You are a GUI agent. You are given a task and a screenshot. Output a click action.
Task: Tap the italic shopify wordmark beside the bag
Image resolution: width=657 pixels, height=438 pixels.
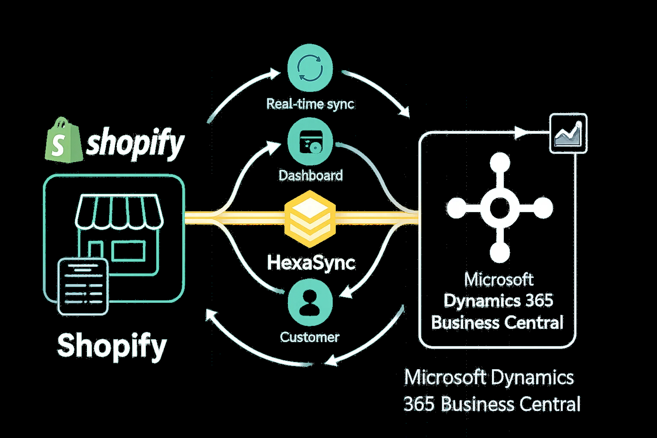tap(135, 143)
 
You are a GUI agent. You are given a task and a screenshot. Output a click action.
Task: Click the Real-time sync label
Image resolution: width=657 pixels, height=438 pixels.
tap(310, 104)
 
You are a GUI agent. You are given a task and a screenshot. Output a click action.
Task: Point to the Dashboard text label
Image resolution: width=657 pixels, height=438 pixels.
tap(311, 175)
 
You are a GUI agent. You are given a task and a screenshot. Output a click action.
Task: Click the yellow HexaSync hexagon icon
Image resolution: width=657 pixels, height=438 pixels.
tap(310, 219)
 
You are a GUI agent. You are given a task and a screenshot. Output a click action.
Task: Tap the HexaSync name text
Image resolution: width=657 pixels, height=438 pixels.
tap(311, 262)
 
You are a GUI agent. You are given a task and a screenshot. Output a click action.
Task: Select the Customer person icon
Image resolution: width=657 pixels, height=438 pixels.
tap(310, 300)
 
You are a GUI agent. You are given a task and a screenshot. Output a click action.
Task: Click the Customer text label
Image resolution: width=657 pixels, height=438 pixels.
tap(310, 337)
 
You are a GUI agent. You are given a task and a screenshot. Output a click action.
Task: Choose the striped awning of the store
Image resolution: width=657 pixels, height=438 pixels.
tap(119, 212)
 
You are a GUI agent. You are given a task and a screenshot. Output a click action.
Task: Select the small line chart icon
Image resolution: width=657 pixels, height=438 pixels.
tap(568, 133)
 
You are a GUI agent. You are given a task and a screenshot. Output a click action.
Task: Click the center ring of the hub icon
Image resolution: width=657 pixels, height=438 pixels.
tap(499, 208)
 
